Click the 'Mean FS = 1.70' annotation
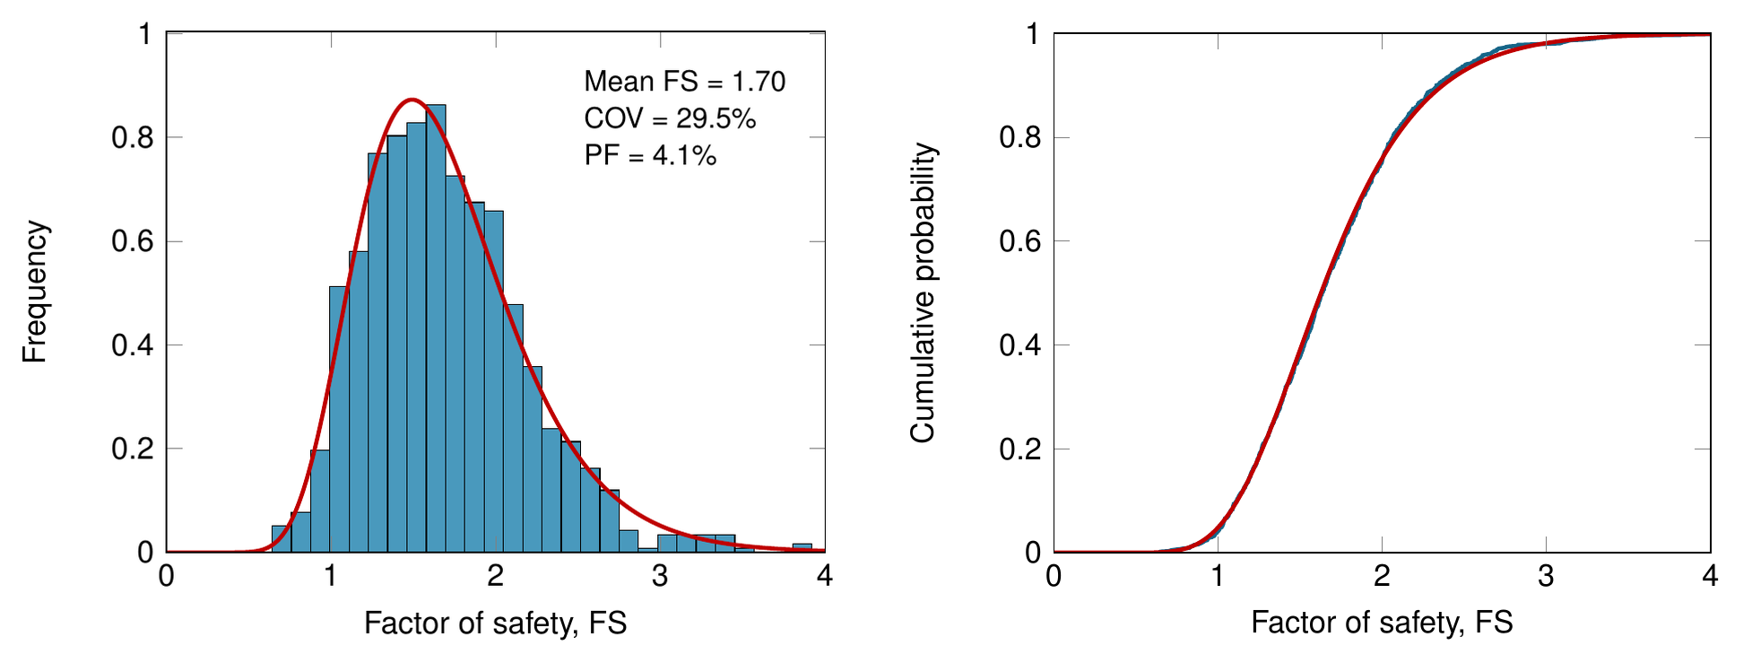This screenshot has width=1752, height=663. pyautogui.click(x=685, y=82)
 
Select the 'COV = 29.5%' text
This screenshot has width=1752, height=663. pyautogui.click(x=671, y=118)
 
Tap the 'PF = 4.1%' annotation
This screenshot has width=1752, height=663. pyautogui.click(x=651, y=155)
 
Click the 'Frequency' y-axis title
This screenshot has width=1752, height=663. pyautogui.click(x=35, y=292)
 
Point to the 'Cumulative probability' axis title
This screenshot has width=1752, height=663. pyautogui.click(x=923, y=292)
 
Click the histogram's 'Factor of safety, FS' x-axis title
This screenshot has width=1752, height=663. pyautogui.click(x=495, y=623)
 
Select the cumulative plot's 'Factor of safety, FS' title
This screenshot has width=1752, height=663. pyautogui.click(x=1382, y=623)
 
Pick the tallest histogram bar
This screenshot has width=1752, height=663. pyautogui.click(x=436, y=328)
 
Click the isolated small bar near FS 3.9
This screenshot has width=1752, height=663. pyautogui.click(x=802, y=547)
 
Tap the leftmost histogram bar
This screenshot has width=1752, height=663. pyautogui.click(x=282, y=538)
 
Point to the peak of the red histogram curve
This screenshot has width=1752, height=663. pyautogui.click(x=412, y=100)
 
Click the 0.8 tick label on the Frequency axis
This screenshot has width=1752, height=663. pyautogui.click(x=133, y=138)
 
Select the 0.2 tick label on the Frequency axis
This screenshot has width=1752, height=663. pyautogui.click(x=133, y=449)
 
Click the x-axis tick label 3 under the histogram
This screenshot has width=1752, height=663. pyautogui.click(x=660, y=576)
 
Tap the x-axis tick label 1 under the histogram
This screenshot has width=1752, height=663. pyautogui.click(x=331, y=576)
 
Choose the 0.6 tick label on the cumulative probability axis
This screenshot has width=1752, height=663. pyautogui.click(x=1020, y=241)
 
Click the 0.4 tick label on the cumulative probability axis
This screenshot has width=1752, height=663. pyautogui.click(x=1020, y=345)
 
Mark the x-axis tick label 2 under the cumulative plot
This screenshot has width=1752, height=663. pyautogui.click(x=1382, y=576)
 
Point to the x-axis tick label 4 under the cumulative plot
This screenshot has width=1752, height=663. pyautogui.click(x=1710, y=576)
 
